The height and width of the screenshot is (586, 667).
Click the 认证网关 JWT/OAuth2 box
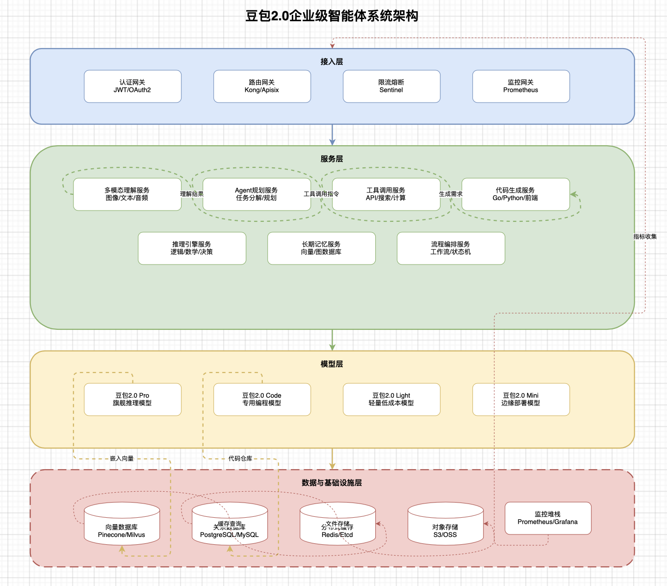click(132, 86)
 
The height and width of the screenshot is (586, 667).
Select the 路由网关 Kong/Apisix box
click(262, 86)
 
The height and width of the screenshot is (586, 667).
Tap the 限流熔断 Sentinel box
click(391, 86)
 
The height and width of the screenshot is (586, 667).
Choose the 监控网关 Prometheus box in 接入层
click(521, 86)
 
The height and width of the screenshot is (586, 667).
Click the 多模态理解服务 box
click(127, 194)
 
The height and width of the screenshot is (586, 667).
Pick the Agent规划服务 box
click(257, 194)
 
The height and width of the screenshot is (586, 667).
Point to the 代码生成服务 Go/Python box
click(515, 194)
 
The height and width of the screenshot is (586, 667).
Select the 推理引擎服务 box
click(192, 248)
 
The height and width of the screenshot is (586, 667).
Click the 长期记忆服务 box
click(321, 248)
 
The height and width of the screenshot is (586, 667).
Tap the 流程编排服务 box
click(451, 248)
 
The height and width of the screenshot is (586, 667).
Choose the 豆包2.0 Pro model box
click(132, 400)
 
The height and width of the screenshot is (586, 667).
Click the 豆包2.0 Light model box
click(391, 400)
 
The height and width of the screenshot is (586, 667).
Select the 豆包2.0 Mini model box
click(521, 400)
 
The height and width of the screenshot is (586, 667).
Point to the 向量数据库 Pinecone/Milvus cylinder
click(122, 528)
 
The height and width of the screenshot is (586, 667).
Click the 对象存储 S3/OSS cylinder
click(445, 528)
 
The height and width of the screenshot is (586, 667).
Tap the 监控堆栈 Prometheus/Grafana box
click(548, 518)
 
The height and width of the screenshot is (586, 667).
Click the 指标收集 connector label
click(645, 237)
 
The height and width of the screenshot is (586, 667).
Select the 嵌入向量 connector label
click(122, 458)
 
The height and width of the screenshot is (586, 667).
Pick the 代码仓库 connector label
click(240, 458)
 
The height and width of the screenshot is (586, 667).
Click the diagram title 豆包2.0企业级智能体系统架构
click(332, 16)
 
